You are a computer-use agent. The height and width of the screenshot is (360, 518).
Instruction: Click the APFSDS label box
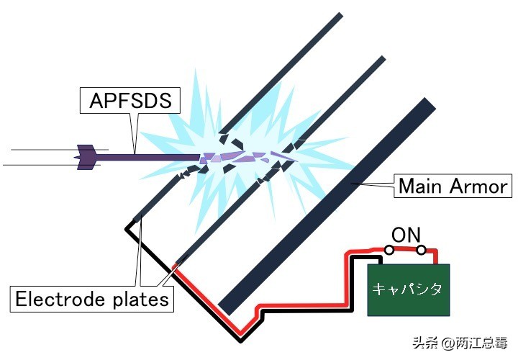click(130, 101)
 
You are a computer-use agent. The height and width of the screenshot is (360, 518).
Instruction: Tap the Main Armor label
click(453, 187)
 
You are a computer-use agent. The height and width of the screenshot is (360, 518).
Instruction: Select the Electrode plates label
click(93, 298)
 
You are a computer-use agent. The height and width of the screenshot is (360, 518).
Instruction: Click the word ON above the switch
click(405, 235)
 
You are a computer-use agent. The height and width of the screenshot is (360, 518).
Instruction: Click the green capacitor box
click(409, 290)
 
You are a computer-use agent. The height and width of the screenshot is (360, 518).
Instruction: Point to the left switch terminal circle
click(388, 251)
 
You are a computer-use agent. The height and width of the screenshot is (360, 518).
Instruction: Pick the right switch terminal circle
click(422, 251)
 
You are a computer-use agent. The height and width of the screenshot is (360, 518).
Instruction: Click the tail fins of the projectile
click(86, 156)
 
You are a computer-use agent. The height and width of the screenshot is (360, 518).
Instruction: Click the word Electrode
click(62, 298)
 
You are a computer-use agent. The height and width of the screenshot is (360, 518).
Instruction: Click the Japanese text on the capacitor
click(409, 289)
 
